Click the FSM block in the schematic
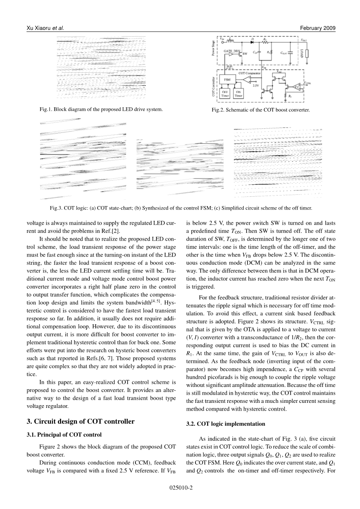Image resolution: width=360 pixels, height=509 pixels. coord(227,80)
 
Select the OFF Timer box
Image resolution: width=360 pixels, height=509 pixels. coord(225,94)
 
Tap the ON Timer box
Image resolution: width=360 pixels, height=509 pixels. coord(238,94)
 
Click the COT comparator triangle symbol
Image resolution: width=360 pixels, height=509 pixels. coord(248,79)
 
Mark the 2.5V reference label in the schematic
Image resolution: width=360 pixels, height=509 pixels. coord(256,85)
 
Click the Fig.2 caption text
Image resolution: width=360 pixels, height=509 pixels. coord(261,110)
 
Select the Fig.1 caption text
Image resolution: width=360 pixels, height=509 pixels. coord(101,109)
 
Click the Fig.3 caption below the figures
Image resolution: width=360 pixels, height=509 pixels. coord(181,208)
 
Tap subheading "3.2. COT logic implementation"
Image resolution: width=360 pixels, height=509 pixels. coord(226,424)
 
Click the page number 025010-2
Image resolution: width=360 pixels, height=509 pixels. coord(181,487)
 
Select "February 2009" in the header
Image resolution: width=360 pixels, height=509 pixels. coord(318,28)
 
